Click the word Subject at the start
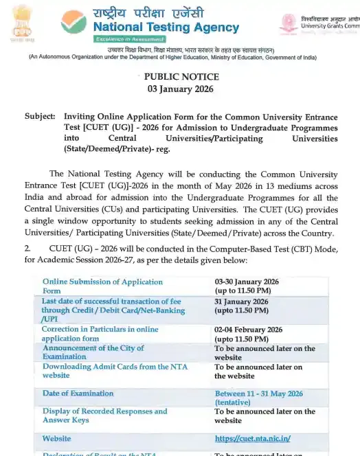click(x=40, y=116)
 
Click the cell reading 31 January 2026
click(x=240, y=301)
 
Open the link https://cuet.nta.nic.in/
click(x=252, y=437)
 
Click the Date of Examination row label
click(x=78, y=394)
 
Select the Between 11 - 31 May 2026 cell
click(x=258, y=394)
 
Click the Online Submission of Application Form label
click(x=102, y=286)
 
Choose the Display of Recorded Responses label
click(x=104, y=415)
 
